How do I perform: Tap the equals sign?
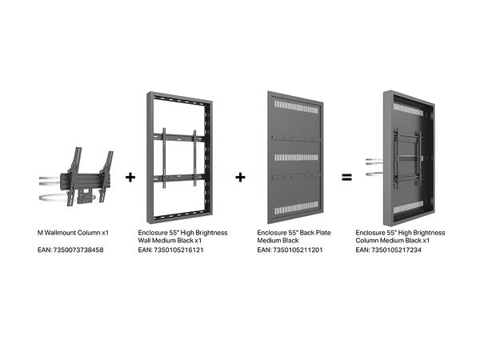click(x=346, y=177)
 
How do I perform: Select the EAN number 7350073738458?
click(x=82, y=250)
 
